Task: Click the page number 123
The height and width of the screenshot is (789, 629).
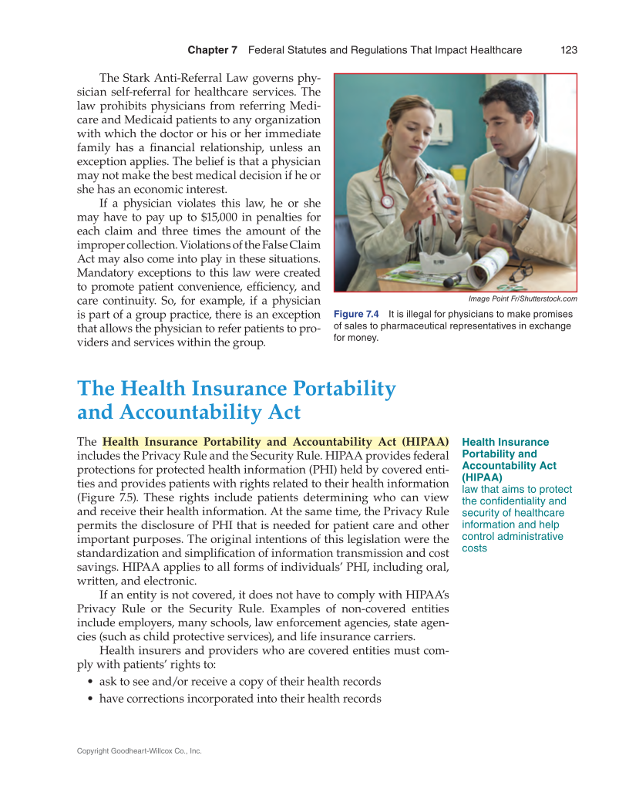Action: pos(569,50)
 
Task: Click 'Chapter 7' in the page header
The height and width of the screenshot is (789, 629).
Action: pos(212,50)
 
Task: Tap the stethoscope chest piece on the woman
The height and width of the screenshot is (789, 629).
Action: pos(385,202)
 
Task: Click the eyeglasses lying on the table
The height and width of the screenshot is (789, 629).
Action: pos(521,272)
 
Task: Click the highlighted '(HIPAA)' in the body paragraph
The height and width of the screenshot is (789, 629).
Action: pos(422,442)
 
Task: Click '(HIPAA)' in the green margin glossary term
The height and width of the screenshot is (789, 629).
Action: pos(482,477)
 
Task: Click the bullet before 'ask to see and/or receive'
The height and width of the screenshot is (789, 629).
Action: pos(92,683)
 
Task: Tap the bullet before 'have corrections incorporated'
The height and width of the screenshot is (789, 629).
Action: pos(92,700)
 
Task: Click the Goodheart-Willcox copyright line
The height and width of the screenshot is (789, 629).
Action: pos(139,750)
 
